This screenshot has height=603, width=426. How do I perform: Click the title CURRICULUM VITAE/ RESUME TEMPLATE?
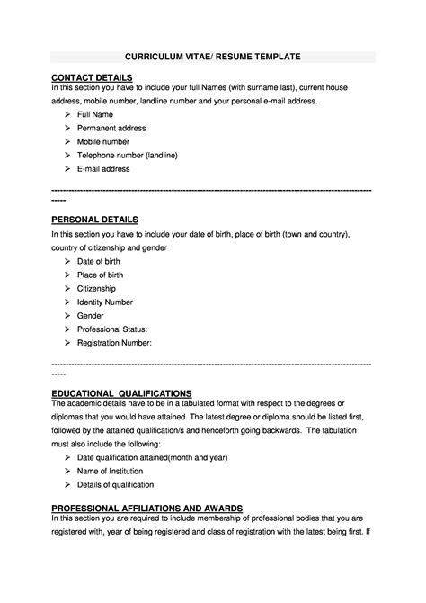pos(212,56)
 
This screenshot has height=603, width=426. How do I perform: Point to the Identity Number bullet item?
pos(105,301)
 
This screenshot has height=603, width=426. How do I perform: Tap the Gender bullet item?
pos(91,316)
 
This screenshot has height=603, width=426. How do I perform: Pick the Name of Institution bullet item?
pos(111,471)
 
